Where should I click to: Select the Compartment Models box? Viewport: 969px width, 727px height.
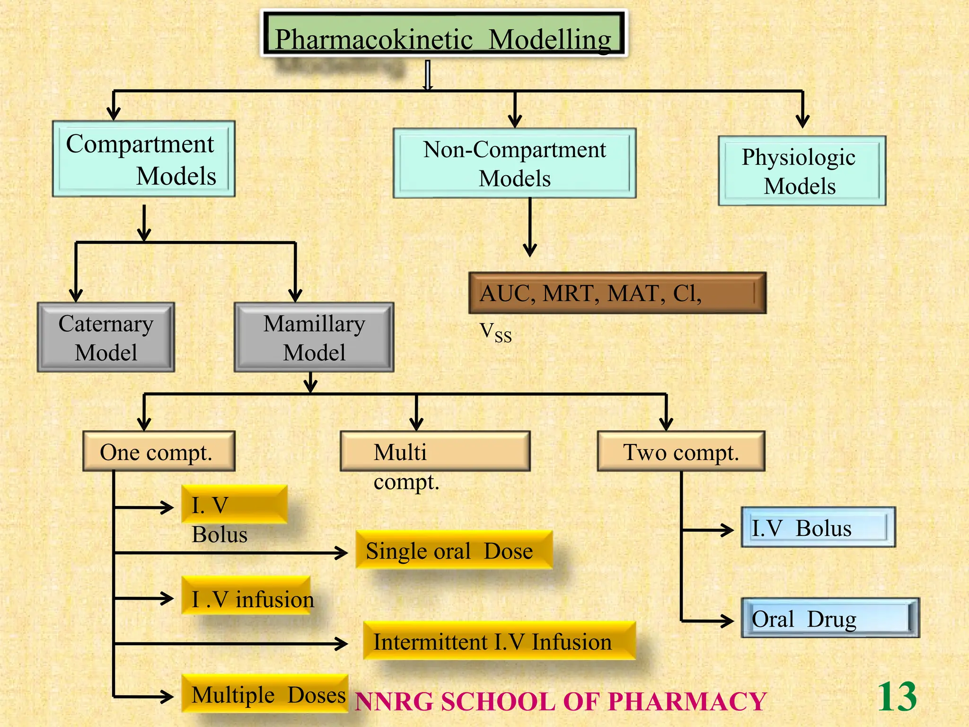pos(143,159)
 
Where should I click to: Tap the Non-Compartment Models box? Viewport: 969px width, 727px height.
pos(514,163)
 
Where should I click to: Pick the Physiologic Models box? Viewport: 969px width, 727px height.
pos(802,171)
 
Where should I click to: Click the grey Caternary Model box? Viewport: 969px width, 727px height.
pos(106,337)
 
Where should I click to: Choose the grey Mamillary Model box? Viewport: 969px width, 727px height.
pos(314,337)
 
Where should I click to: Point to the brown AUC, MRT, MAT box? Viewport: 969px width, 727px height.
pos(617,293)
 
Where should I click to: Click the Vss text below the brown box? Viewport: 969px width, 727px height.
pos(495,332)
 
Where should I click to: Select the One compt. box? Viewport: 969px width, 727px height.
pos(159,452)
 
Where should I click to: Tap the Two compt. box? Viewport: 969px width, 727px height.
pos(681,452)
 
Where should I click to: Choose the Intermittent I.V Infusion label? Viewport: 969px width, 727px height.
pos(499,642)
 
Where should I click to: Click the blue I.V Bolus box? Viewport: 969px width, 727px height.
pos(818,527)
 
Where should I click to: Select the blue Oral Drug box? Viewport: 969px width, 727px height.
pos(830,618)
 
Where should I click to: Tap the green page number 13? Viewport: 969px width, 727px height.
pos(897,697)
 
